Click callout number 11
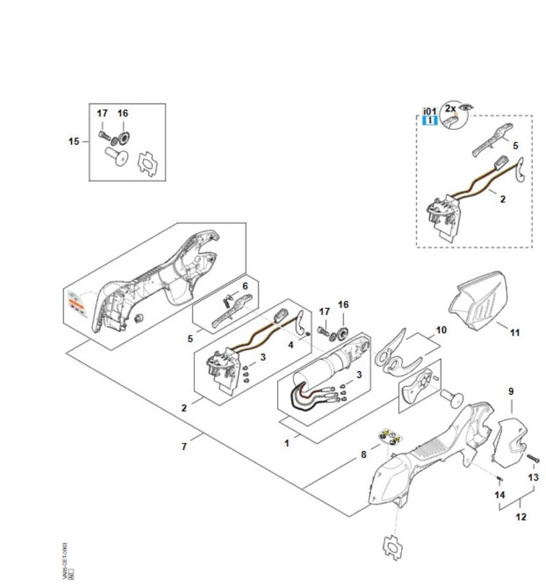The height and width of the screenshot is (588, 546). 515,333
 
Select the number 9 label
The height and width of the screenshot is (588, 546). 511,391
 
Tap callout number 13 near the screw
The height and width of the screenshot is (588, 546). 534,477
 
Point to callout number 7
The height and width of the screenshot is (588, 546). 184,447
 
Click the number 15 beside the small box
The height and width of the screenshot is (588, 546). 74,141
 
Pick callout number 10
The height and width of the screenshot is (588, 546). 441,330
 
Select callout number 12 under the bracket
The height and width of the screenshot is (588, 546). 521,517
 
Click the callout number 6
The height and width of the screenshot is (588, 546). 245,286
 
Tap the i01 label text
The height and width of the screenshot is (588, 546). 430,111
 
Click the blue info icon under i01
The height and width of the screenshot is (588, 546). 430,121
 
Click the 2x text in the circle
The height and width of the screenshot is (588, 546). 450,108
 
